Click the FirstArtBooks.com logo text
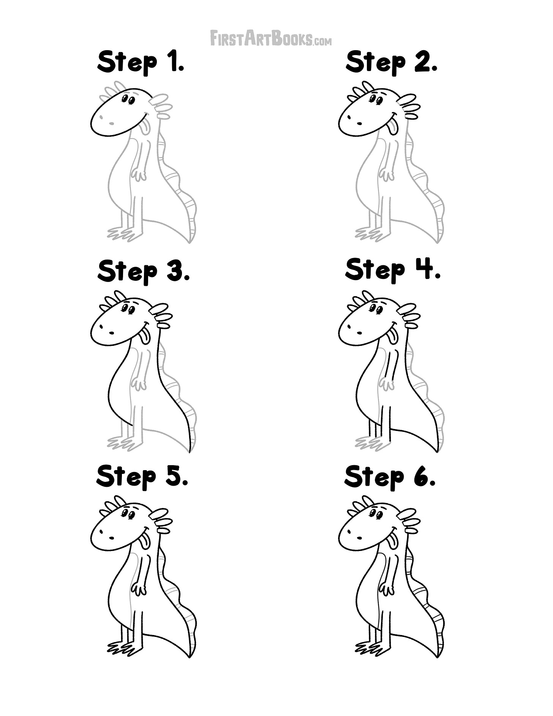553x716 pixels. pos(271,38)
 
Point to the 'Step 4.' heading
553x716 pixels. pos(393,270)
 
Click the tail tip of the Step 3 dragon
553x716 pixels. pos(189,451)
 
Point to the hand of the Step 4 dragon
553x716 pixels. pos(387,384)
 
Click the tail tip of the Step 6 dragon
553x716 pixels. pos(437,656)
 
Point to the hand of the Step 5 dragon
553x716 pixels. pos(139,589)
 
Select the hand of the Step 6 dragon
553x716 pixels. pos(387,589)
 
